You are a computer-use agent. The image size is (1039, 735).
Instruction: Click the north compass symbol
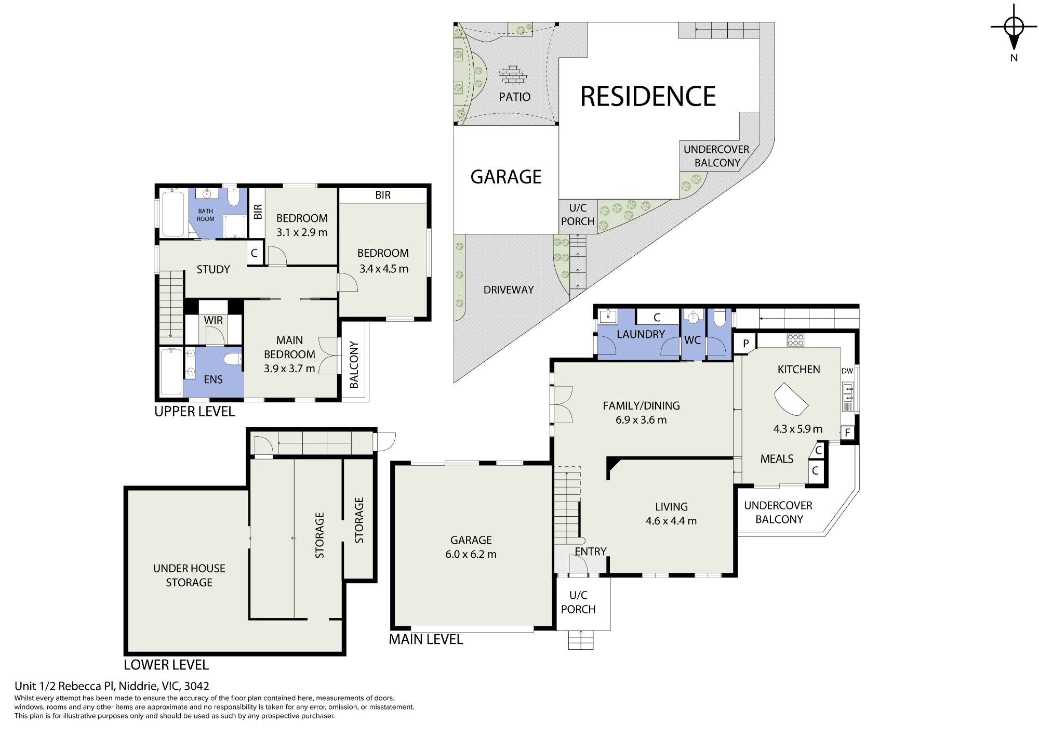1014,29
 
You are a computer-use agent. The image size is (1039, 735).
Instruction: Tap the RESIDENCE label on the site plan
648,97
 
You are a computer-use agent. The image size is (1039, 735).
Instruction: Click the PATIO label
514,97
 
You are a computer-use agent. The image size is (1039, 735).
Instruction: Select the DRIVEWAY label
509,290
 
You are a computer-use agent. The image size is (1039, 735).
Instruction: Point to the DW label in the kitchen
847,371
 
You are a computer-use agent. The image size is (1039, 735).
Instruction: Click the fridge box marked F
847,432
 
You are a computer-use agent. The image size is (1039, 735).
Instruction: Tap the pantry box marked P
745,344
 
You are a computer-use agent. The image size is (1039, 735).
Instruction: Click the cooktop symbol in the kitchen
795,340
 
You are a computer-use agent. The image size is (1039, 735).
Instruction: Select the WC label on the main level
692,340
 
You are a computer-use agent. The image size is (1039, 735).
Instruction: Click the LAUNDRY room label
641,334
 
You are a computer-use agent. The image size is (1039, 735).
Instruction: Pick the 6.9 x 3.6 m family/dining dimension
641,420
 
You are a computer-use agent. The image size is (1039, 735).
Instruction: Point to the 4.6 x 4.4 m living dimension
671,521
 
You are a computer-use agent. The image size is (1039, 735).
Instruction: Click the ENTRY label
591,552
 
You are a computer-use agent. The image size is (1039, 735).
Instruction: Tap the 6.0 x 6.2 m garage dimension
471,555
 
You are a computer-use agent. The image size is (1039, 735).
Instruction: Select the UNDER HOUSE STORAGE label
189,575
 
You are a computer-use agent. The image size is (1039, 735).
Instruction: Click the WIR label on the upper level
213,320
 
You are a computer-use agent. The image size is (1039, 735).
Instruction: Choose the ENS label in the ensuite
213,379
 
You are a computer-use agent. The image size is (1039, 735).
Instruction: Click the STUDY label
213,269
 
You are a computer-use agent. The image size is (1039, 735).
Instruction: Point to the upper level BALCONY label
354,365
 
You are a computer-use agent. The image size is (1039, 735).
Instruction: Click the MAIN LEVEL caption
426,639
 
